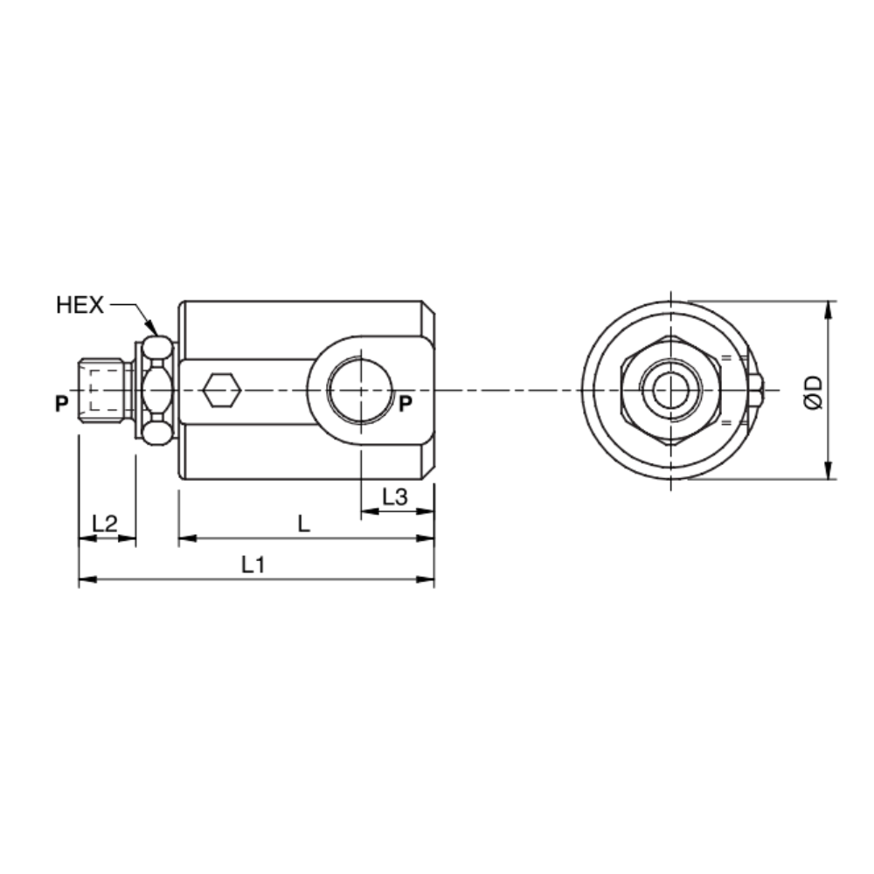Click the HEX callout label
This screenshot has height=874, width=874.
coord(80,305)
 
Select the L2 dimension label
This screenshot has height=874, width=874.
coord(105,524)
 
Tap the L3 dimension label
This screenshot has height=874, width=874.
coord(395,497)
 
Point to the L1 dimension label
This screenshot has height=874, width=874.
coord(253,565)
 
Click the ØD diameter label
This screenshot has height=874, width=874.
coord(813,392)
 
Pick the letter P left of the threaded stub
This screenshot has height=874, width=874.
coord(60,404)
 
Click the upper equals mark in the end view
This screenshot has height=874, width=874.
coord(726,357)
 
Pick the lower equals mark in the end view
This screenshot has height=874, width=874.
coord(726,423)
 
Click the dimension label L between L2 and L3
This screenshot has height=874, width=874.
coord(302,524)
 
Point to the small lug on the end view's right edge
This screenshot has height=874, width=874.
coord(757,391)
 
